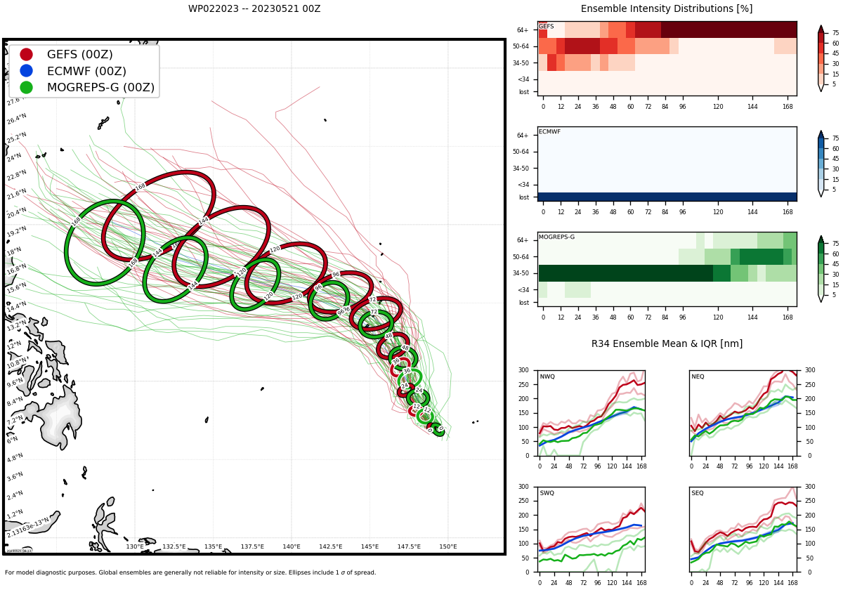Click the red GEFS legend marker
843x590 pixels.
point(26,54)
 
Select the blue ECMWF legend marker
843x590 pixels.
point(26,70)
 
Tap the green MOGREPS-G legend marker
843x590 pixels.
point(26,87)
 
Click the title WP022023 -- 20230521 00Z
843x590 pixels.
point(254,9)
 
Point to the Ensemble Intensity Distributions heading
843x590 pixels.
point(667,9)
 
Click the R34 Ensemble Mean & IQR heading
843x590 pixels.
point(667,344)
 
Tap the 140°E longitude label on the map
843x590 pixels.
point(292,546)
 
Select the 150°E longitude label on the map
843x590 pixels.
point(448,546)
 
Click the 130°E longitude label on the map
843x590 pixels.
point(135,546)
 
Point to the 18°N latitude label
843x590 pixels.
point(14,251)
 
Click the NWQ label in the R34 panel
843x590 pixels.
point(547,377)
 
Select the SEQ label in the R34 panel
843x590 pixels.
point(697,493)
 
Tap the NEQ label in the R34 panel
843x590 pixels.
point(698,377)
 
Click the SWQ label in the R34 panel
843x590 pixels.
point(547,493)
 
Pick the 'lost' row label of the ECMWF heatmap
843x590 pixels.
point(524,197)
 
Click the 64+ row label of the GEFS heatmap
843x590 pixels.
point(523,30)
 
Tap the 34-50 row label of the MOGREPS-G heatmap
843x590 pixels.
point(521,273)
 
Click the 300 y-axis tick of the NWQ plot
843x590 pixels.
point(523,370)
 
